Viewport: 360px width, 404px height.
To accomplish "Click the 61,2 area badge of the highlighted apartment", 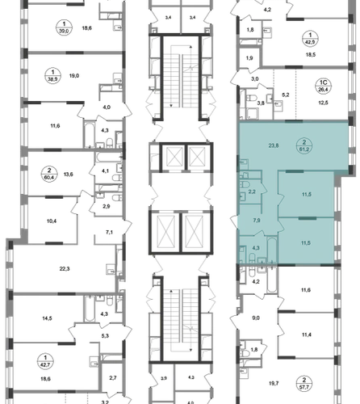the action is pyautogui.click(x=304, y=145).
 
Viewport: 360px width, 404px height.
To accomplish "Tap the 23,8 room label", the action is pyautogui.click(x=274, y=145).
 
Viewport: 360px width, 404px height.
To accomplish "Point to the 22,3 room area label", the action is pyautogui.click(x=65, y=268).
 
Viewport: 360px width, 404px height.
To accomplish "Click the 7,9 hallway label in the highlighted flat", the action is pyautogui.click(x=257, y=221).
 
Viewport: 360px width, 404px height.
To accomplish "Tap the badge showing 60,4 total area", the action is pyautogui.click(x=50, y=174).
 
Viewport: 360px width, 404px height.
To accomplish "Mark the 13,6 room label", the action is pyautogui.click(x=68, y=175).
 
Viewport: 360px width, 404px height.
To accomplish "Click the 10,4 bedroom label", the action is pyautogui.click(x=51, y=221).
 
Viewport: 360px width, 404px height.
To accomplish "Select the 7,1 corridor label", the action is pyautogui.click(x=109, y=232).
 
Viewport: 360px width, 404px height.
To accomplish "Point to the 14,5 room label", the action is pyautogui.click(x=47, y=318).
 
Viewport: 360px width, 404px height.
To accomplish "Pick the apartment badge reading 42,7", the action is pyautogui.click(x=45, y=361).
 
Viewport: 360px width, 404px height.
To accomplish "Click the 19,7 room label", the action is pyautogui.click(x=274, y=383).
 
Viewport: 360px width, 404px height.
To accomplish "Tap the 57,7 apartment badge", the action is pyautogui.click(x=304, y=384).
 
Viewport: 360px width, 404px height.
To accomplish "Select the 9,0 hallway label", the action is pyautogui.click(x=256, y=318).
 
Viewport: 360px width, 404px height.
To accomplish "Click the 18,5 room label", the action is pyautogui.click(x=310, y=55).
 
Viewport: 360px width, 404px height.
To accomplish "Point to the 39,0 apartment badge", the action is pyautogui.click(x=64, y=27).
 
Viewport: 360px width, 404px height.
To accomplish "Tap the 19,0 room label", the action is pyautogui.click(x=74, y=76).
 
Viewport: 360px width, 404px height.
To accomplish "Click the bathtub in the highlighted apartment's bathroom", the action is pyautogui.click(x=272, y=250).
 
